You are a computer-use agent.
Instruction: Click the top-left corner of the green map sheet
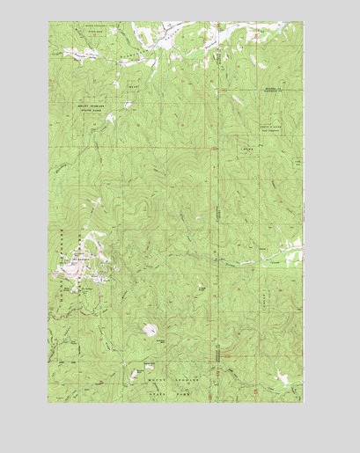(49, 23)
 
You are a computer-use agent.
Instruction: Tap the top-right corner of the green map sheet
(303, 23)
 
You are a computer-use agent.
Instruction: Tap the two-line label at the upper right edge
(275, 91)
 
